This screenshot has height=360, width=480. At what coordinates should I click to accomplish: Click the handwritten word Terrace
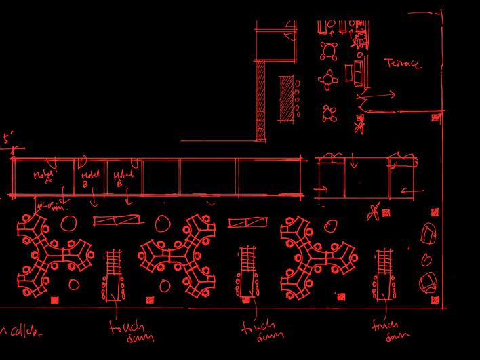coord(403,64)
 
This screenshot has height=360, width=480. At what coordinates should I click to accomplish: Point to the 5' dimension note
coord(7,138)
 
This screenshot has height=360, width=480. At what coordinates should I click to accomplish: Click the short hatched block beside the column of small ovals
coord(284,98)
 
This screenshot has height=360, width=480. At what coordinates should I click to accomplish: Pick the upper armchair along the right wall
coord(429,234)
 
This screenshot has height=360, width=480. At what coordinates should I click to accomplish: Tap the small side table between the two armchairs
coord(427,260)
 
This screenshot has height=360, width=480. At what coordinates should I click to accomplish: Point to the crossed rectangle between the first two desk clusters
coord(118,220)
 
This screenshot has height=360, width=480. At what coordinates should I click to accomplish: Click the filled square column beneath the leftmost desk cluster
coord(56,299)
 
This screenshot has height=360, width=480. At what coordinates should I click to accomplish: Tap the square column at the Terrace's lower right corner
coord(435,118)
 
